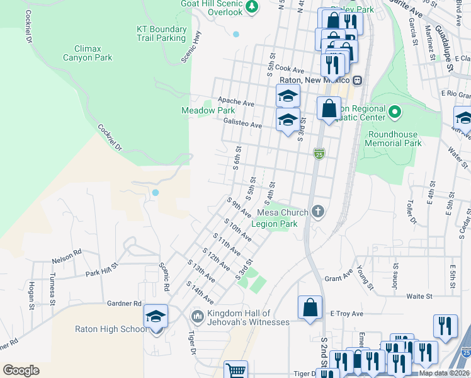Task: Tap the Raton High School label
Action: click(111, 329)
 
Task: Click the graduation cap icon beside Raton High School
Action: click(156, 317)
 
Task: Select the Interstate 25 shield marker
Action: click(319, 153)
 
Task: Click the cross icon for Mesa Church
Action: click(319, 212)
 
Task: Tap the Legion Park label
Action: click(274, 223)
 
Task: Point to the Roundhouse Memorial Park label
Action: click(395, 139)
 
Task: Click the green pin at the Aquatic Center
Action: click(395, 113)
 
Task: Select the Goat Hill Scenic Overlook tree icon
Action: click(252, 6)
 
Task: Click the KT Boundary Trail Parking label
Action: click(162, 33)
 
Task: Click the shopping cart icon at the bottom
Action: click(235, 370)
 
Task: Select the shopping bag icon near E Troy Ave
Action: click(310, 308)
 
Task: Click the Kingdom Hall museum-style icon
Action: click(197, 314)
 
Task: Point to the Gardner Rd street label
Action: click(124, 303)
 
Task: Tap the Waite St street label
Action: click(419, 295)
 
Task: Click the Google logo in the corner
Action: click(21, 370)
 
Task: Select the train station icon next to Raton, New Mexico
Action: click(357, 80)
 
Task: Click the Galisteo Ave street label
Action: click(242, 125)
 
